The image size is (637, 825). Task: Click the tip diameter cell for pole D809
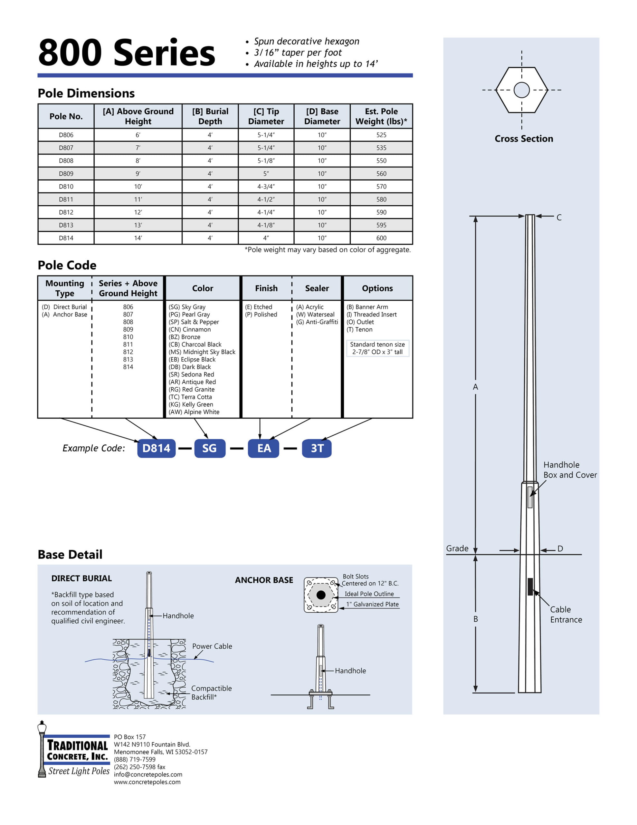[266, 174]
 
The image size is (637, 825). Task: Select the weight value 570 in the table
[381, 187]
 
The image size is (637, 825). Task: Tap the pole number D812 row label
[66, 212]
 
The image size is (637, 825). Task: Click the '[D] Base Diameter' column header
[322, 116]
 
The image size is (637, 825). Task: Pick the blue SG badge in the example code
[210, 448]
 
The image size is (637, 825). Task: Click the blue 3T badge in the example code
[317, 448]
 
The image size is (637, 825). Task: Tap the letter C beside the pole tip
[559, 218]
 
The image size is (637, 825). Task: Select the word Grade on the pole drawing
[457, 548]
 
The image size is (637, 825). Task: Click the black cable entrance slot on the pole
[530, 587]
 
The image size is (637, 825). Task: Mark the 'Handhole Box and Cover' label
[570, 470]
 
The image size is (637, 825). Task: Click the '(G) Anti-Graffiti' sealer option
[317, 322]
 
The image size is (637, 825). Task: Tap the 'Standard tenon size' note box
[377, 348]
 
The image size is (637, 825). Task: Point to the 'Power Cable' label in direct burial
[212, 646]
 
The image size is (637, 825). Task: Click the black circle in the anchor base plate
[321, 595]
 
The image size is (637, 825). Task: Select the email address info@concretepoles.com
[148, 774]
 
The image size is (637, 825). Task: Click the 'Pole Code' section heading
[67, 265]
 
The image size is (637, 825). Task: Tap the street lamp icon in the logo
[42, 749]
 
